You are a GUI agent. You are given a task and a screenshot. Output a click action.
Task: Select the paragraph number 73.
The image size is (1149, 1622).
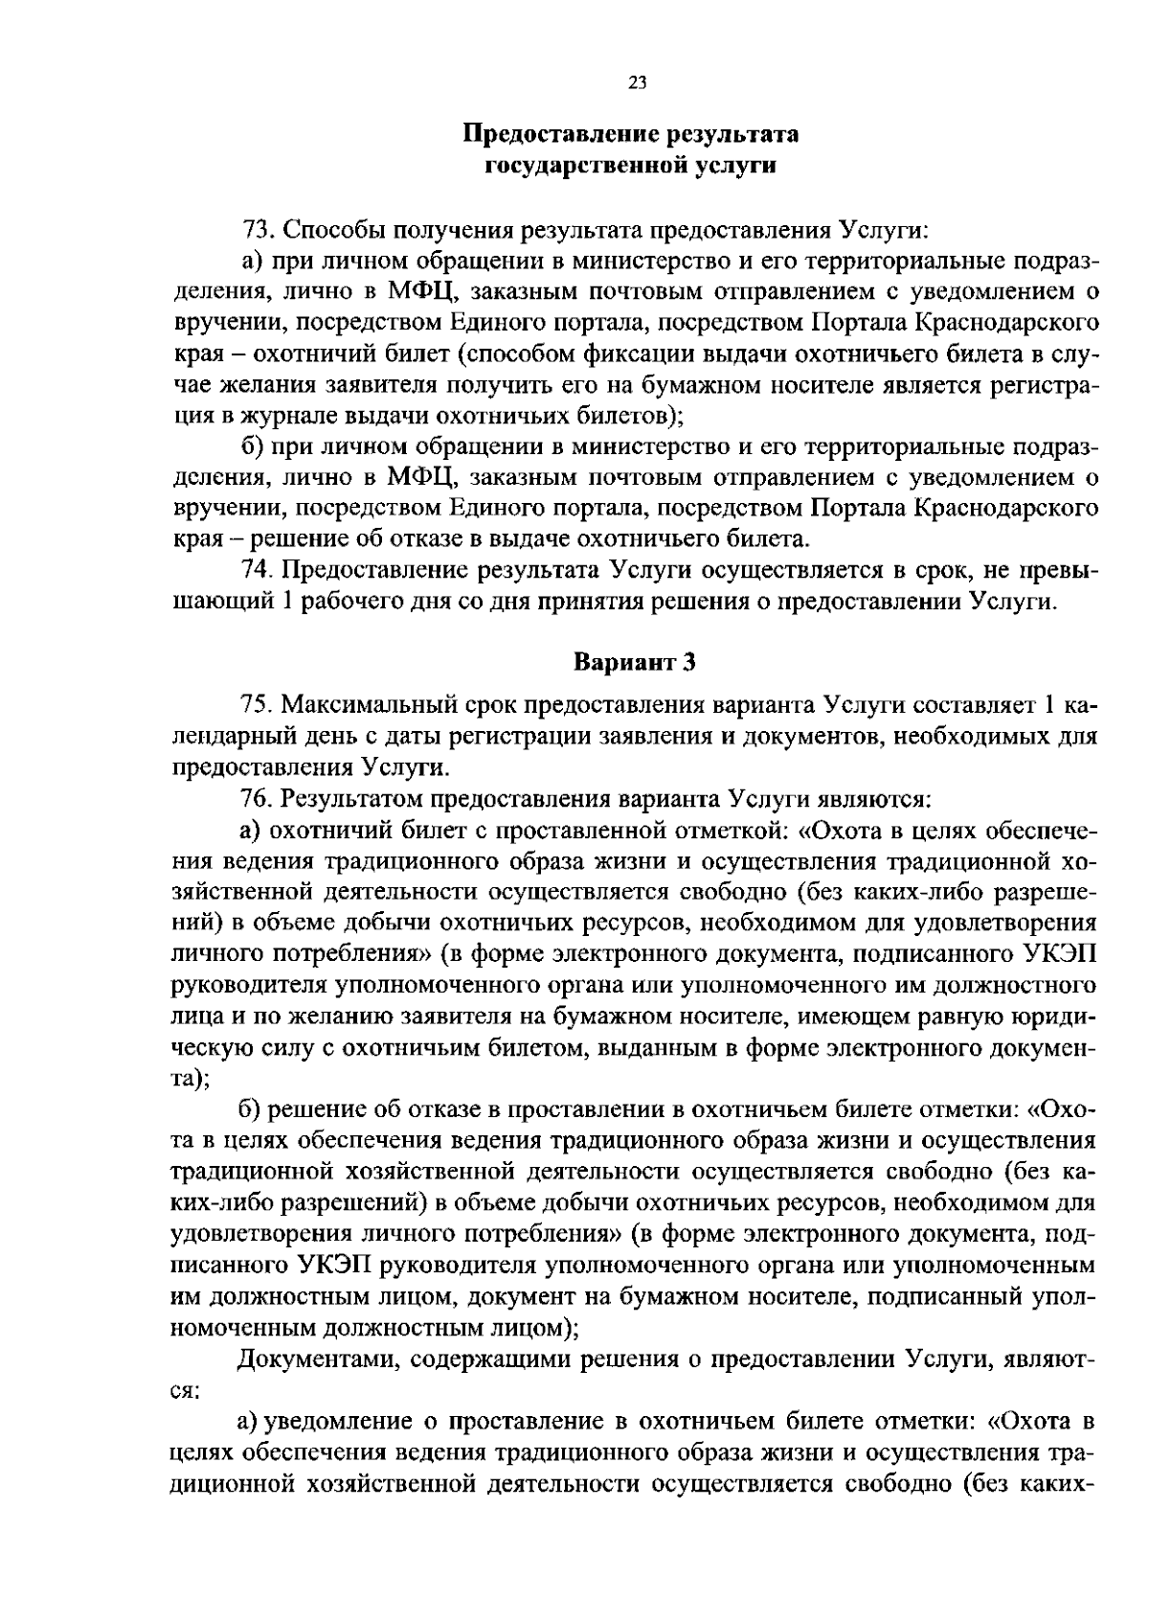(257, 230)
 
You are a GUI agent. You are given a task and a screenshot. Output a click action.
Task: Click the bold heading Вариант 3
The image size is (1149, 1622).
(634, 662)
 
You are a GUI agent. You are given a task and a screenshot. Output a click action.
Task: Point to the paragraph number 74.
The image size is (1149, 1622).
(257, 570)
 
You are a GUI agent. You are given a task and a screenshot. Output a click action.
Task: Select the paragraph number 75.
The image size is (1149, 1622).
(257, 706)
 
